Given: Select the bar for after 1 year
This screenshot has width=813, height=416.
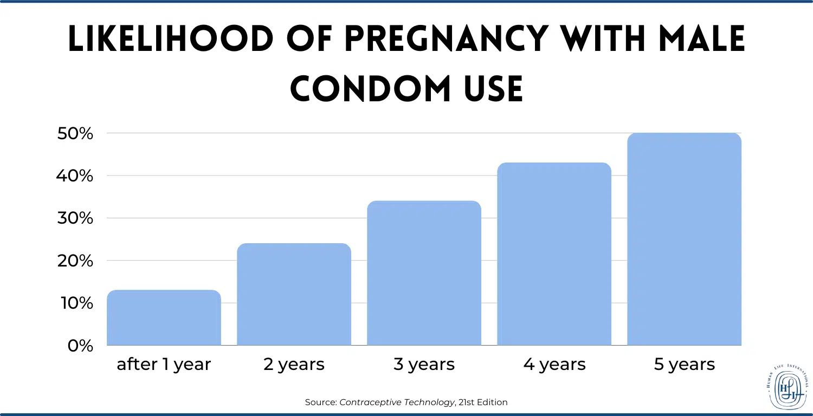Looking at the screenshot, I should pyautogui.click(x=164, y=318).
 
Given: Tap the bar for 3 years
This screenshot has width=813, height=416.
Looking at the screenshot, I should pyautogui.click(x=424, y=273).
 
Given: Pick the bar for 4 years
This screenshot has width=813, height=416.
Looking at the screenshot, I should pyautogui.click(x=554, y=254).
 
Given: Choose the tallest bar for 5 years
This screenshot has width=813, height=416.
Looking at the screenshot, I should pyautogui.click(x=684, y=239).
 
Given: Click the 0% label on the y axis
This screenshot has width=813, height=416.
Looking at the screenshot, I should pyautogui.click(x=82, y=346).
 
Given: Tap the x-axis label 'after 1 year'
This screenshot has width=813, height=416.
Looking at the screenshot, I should pyautogui.click(x=164, y=365).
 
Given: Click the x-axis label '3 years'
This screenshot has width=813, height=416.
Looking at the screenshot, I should pyautogui.click(x=424, y=365).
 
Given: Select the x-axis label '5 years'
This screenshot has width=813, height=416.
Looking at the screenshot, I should pyautogui.click(x=684, y=365).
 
